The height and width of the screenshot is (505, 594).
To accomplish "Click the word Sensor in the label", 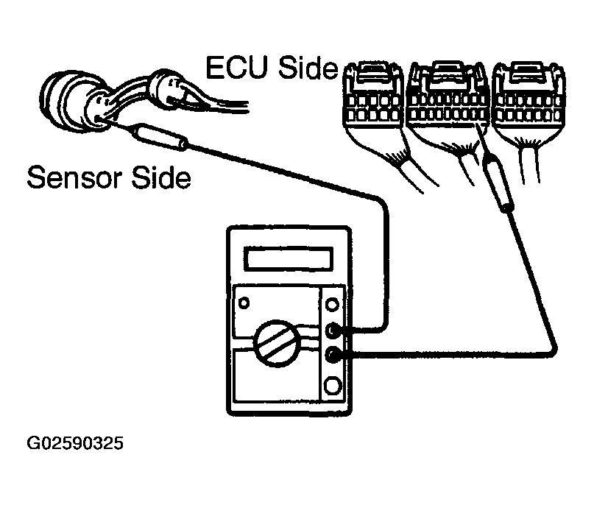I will point(74,177).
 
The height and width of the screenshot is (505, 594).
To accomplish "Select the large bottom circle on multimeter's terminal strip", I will point(333,386).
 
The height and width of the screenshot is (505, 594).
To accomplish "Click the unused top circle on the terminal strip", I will point(333,303).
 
